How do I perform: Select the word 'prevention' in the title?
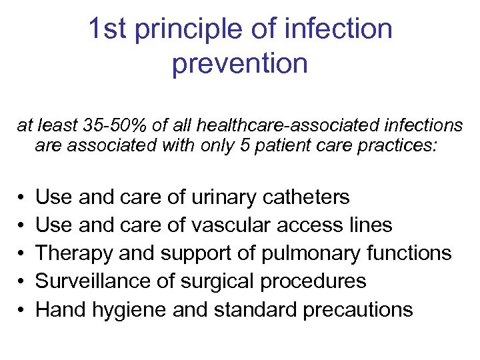(x=240, y=65)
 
